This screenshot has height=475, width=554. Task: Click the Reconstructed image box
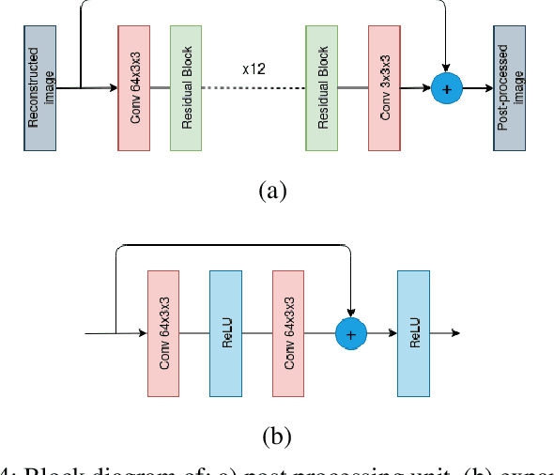point(40,88)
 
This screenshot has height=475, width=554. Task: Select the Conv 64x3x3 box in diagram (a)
point(133,88)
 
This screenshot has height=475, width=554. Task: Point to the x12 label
point(253,69)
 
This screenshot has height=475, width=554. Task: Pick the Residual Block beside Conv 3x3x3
point(322,88)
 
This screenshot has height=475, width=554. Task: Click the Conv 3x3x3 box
point(384,88)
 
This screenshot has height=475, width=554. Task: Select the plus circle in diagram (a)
point(447,89)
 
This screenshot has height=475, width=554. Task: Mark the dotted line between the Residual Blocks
point(254,89)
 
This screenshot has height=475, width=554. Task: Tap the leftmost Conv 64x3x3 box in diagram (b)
point(164,333)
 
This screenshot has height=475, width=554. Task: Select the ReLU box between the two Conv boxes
point(225,333)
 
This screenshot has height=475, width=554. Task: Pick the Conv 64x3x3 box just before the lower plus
point(288,333)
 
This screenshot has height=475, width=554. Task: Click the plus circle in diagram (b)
point(350,333)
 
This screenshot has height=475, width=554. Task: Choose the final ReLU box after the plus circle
point(413,333)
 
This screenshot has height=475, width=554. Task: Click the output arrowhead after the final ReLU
point(455,333)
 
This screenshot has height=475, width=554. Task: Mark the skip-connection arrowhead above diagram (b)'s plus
point(350,313)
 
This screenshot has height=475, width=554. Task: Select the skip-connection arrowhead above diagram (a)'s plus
point(447,69)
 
